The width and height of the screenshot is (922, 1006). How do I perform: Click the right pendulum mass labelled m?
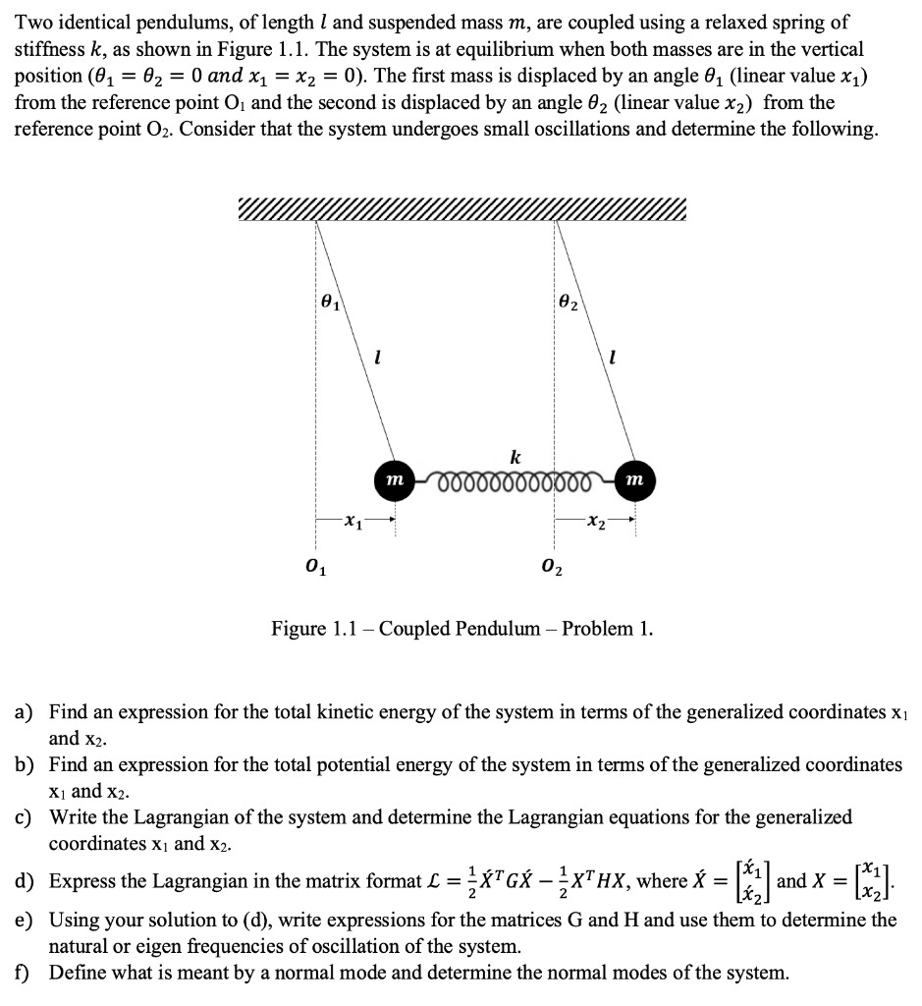click(x=634, y=478)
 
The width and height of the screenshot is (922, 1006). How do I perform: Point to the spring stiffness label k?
click(x=515, y=456)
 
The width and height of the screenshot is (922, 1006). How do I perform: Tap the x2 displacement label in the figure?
click(x=593, y=522)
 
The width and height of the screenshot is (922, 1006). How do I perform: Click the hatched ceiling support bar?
click(x=461, y=209)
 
